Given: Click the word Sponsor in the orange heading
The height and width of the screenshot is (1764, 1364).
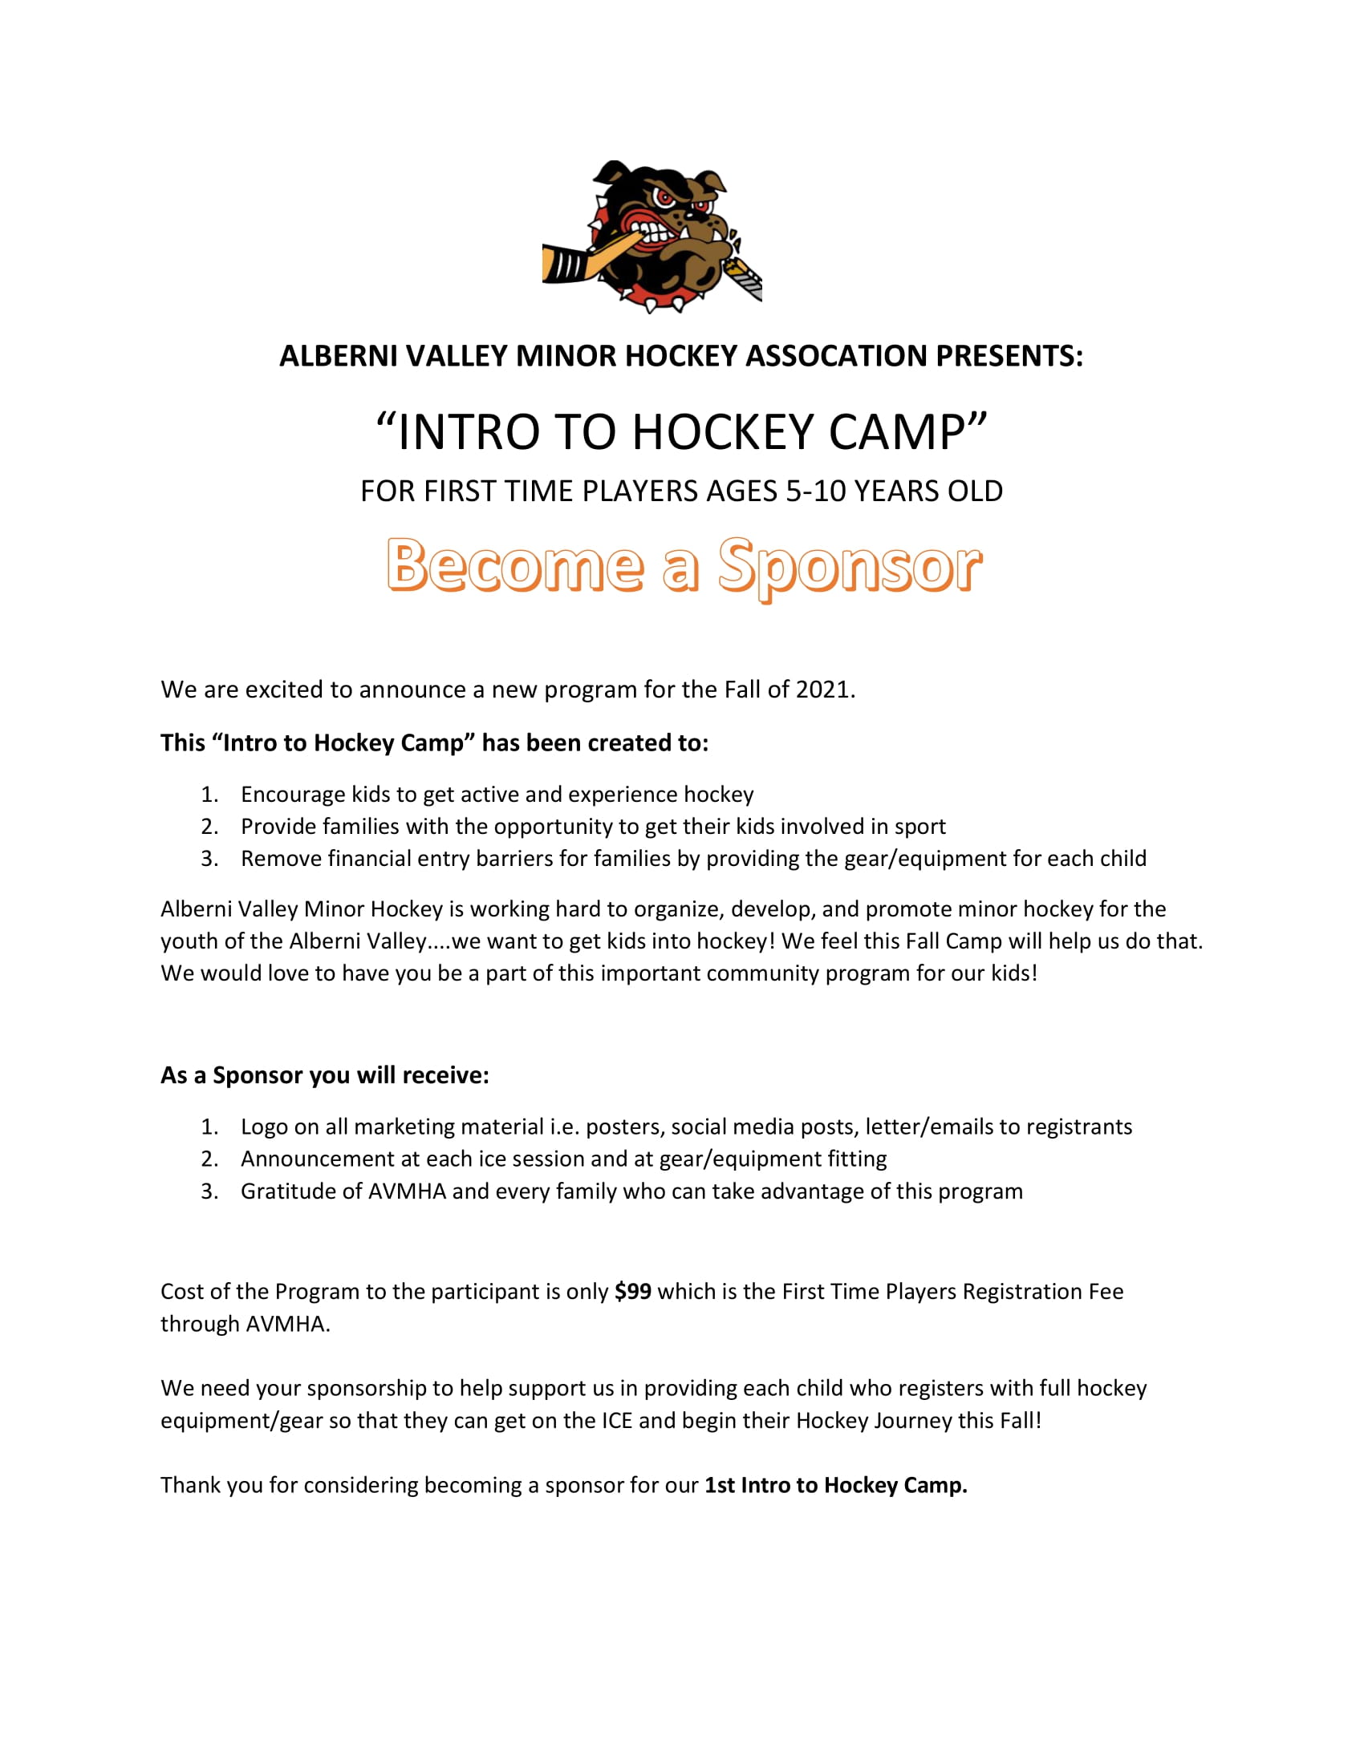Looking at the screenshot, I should point(850,566).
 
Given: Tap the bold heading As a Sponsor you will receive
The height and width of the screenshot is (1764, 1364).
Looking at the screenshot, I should point(325,1076).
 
